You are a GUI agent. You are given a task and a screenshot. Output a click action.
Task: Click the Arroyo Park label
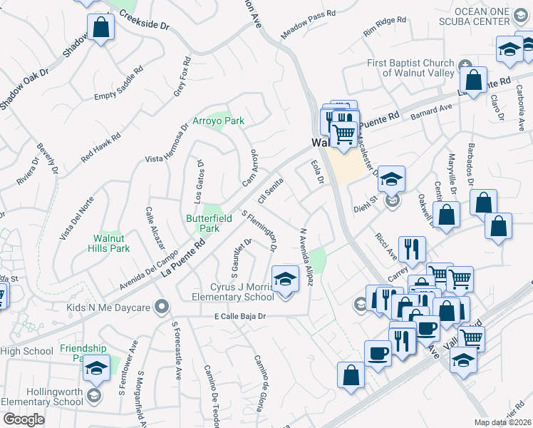point(218,121)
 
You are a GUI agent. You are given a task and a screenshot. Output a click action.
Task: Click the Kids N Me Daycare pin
point(162,307)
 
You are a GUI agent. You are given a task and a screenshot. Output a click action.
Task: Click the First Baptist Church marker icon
point(465,64)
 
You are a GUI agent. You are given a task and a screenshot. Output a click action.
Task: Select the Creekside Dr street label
point(144,23)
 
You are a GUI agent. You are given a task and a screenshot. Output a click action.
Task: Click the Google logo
point(24,419)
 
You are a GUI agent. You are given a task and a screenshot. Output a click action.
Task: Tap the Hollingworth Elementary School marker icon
point(93,395)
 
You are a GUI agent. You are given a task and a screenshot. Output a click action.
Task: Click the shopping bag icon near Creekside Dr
point(101,29)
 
